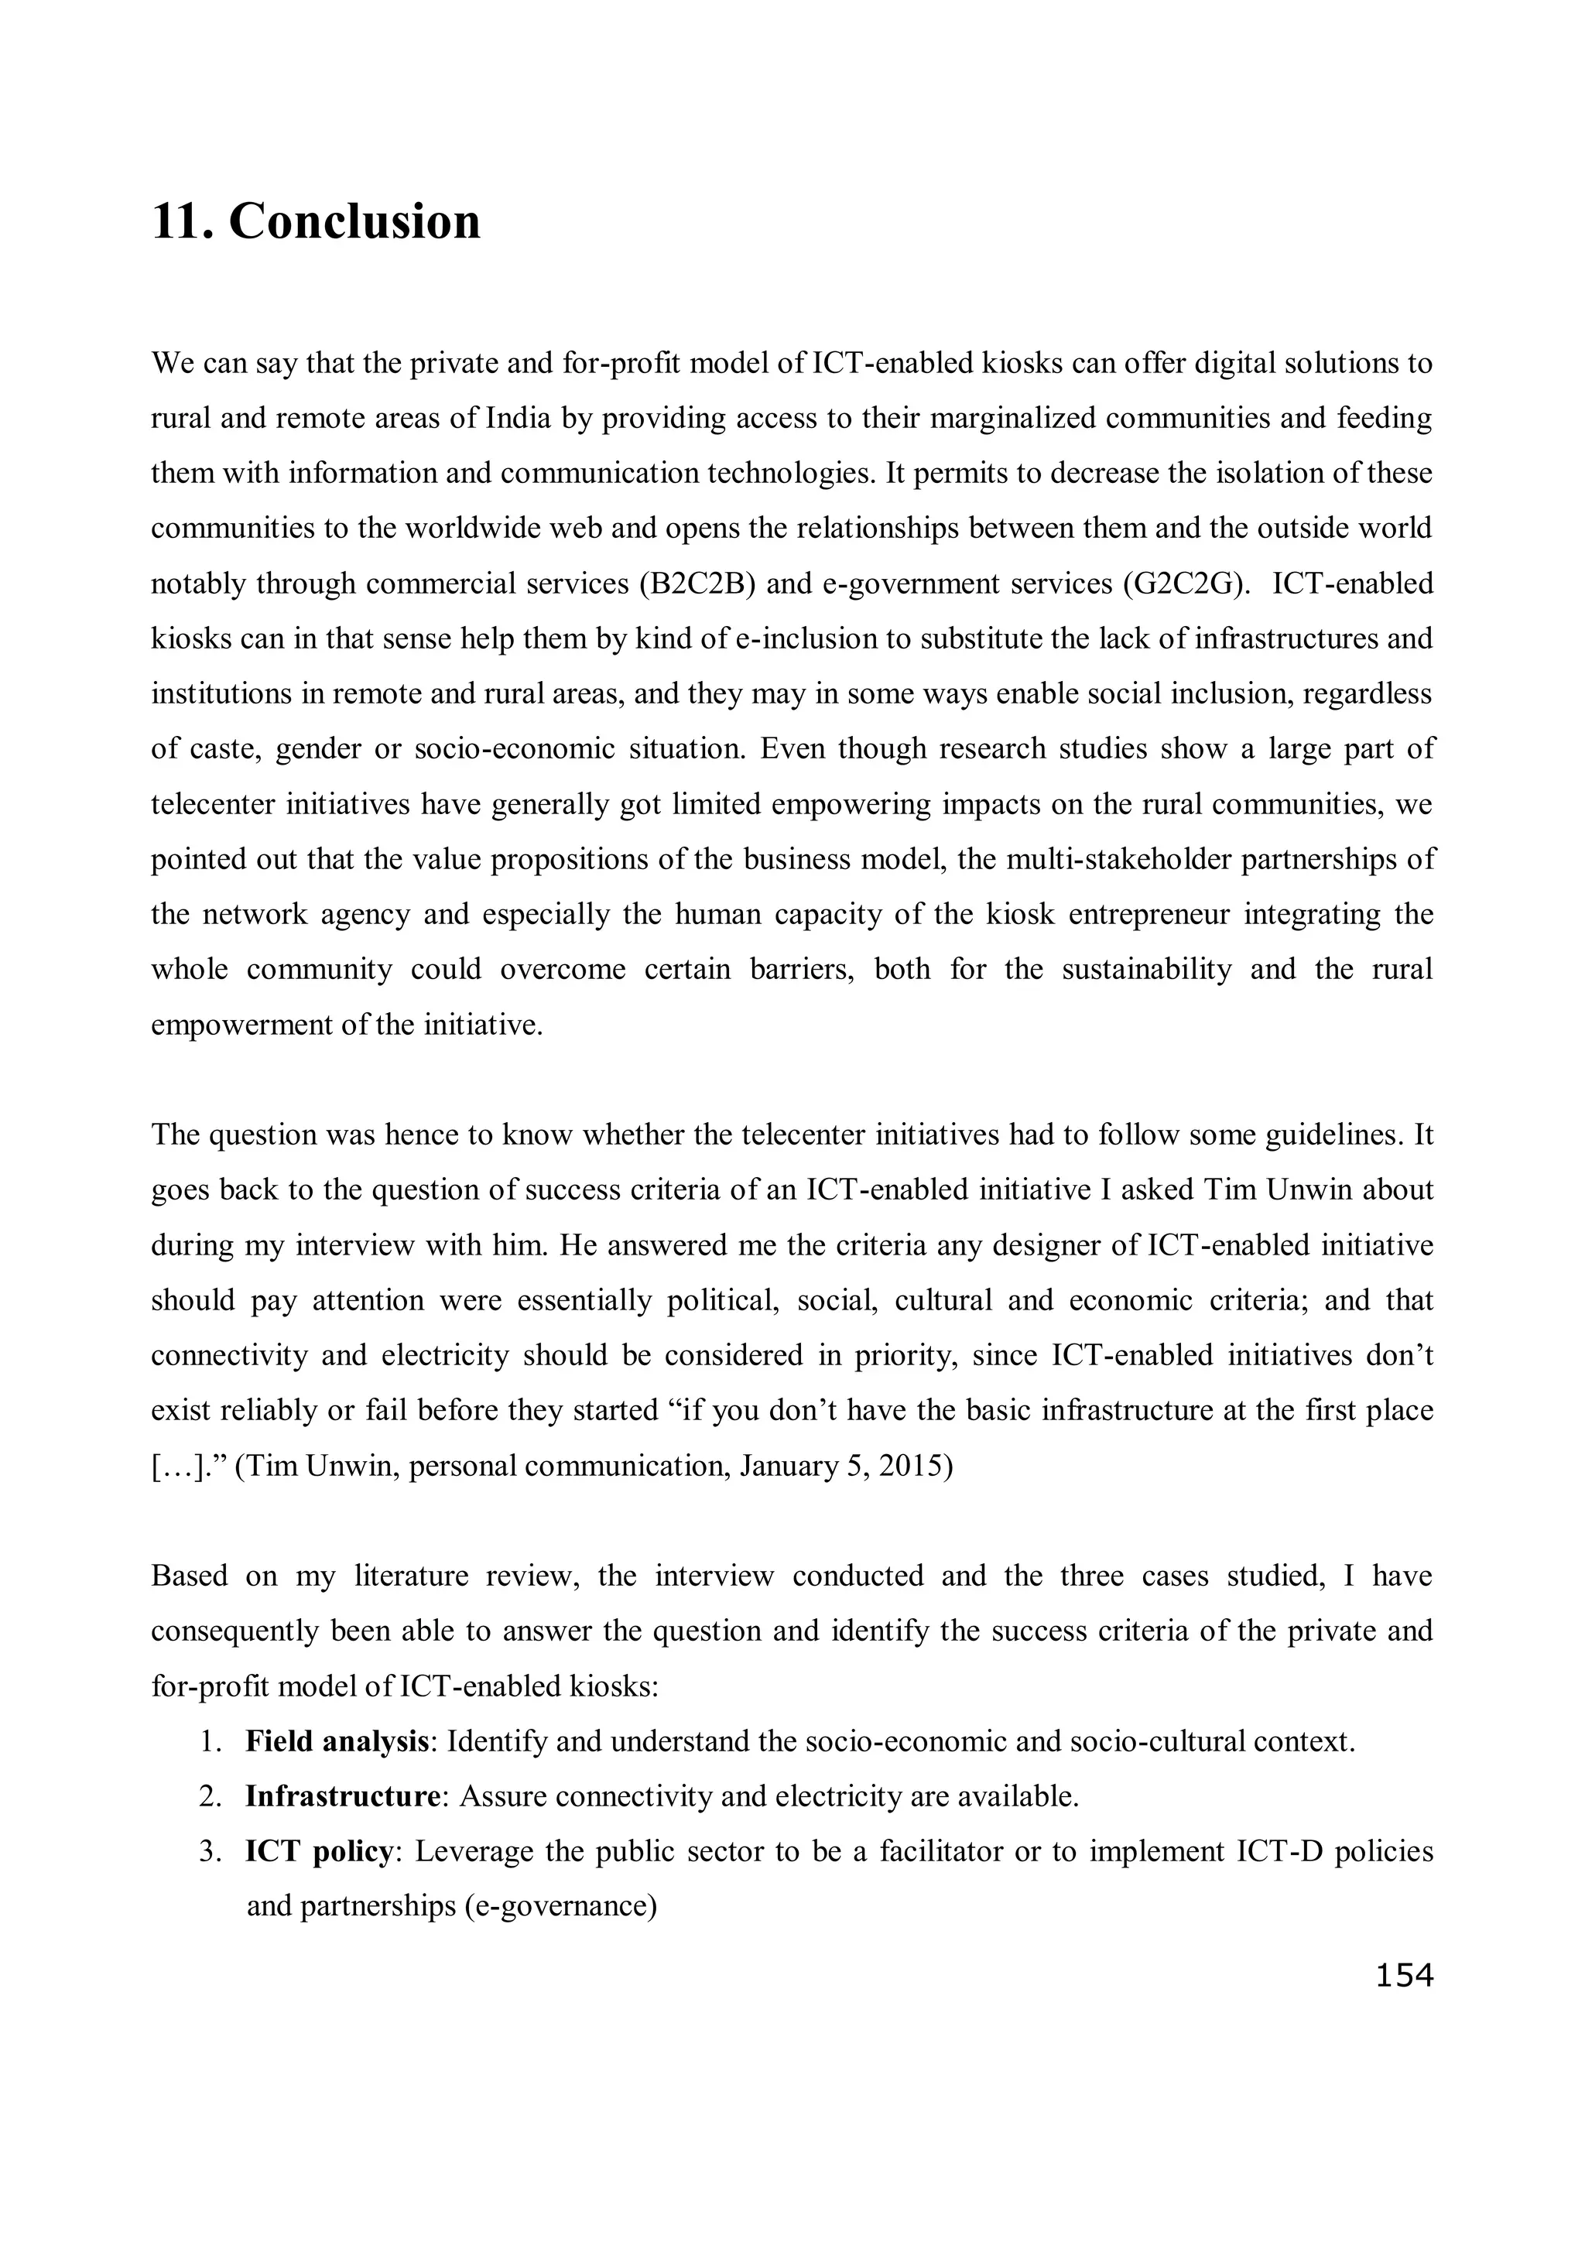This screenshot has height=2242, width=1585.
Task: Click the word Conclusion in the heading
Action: click(x=354, y=221)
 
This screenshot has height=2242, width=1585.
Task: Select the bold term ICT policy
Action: click(x=318, y=1851)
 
